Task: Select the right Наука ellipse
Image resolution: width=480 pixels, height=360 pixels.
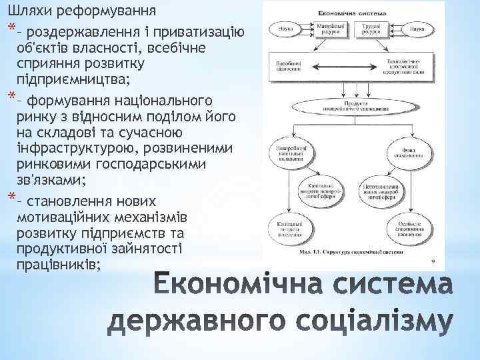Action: pyautogui.click(x=417, y=30)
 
